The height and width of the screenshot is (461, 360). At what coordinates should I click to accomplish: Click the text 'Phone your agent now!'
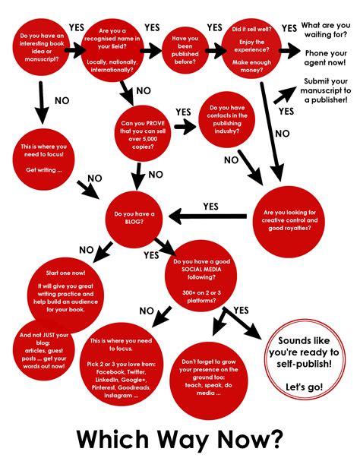point(326,59)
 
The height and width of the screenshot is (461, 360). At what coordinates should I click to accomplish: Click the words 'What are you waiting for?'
point(326,30)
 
